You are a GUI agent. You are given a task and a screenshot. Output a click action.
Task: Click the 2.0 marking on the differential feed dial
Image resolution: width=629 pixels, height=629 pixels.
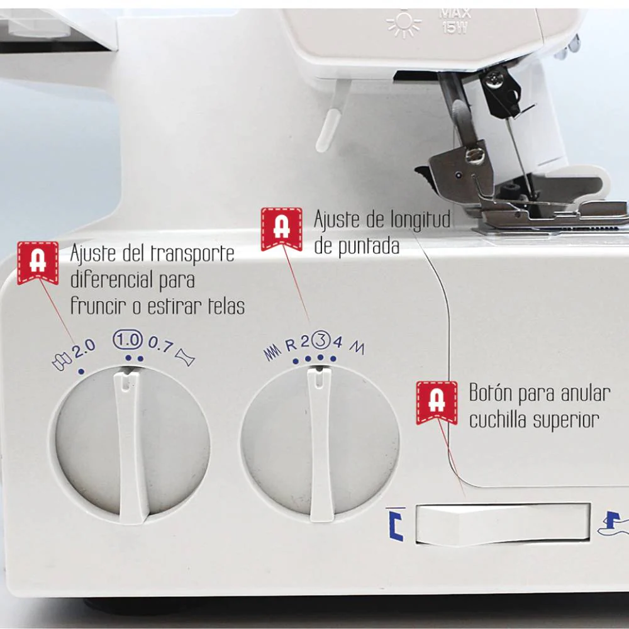[84, 348]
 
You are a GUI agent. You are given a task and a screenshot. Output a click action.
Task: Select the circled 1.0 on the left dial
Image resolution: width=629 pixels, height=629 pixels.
[128, 340]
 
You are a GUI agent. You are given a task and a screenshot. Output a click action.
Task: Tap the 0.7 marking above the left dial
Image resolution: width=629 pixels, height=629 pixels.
[161, 344]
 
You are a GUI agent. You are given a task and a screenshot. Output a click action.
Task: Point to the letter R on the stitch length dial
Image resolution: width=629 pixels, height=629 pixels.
[291, 345]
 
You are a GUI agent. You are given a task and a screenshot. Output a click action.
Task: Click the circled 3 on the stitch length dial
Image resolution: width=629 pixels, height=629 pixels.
[321, 340]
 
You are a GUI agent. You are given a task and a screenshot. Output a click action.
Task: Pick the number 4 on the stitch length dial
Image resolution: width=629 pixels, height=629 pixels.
[337, 342]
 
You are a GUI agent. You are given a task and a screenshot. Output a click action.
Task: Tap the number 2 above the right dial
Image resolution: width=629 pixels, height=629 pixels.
[305, 342]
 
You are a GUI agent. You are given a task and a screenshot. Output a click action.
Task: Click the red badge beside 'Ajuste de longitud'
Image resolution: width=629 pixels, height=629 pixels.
[282, 229]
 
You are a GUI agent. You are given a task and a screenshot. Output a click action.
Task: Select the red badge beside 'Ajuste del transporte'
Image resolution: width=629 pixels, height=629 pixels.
[38, 263]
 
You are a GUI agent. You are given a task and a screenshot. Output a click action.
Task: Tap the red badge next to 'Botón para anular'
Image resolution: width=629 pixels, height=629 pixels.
[437, 403]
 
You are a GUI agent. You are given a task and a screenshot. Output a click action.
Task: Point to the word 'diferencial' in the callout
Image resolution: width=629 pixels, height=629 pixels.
[110, 280]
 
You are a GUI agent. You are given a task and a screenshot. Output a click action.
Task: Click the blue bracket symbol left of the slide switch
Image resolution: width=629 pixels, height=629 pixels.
[396, 524]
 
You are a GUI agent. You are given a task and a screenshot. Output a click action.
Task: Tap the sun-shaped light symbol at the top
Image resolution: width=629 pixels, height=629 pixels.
[404, 24]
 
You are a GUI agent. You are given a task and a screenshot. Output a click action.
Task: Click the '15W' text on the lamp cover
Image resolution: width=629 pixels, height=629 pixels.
[455, 28]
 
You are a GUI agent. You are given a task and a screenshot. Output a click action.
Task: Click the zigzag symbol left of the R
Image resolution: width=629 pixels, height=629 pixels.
[272, 352]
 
